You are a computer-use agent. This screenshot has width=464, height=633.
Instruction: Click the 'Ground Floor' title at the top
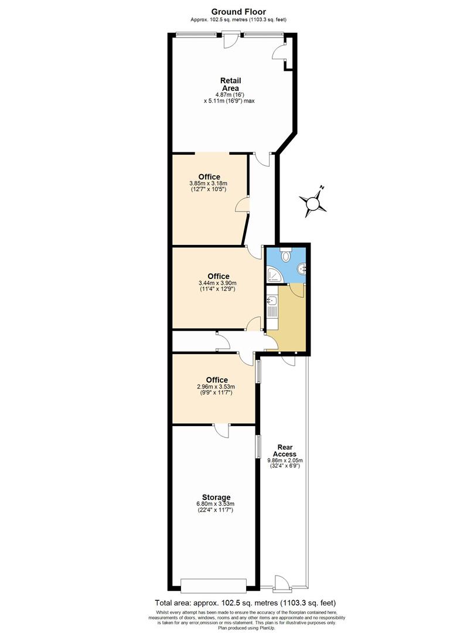point(238,11)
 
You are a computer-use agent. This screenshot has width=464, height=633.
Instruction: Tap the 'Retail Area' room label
point(230,84)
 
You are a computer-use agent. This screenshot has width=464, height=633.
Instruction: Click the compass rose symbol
point(314,203)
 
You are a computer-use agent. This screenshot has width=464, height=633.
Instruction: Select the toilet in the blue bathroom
point(285,255)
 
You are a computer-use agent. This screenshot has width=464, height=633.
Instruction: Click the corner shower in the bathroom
point(273,274)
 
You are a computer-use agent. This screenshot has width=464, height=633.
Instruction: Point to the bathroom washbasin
point(302,269)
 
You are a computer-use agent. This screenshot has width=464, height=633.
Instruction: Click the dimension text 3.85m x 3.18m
point(209,183)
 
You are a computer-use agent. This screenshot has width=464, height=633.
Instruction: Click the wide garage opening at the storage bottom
point(214,584)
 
